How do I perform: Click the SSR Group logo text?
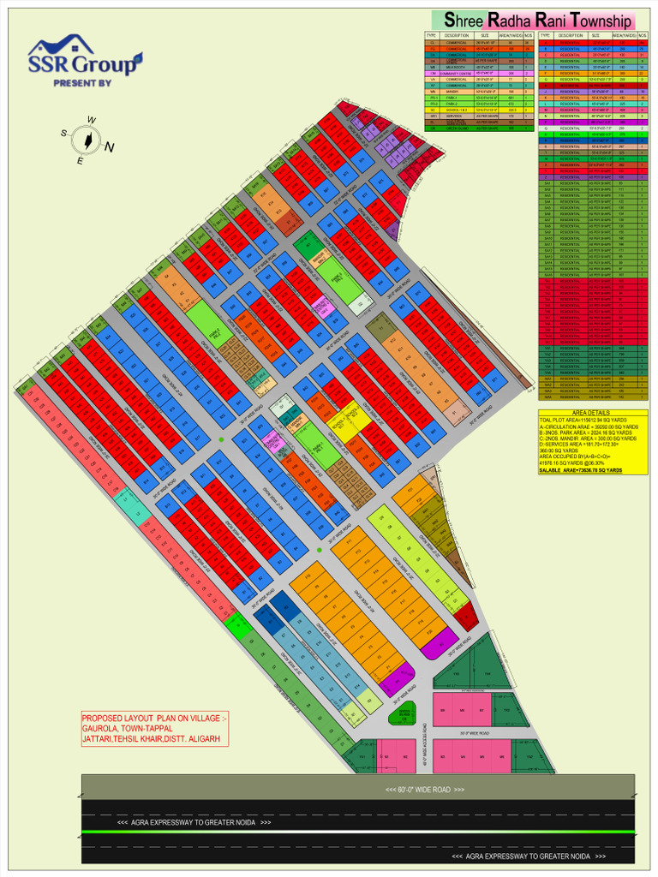[83, 65]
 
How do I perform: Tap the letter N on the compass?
[109, 147]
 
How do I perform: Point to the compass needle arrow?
[87, 139]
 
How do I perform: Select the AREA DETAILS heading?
[592, 413]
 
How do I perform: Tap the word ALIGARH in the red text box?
[207, 738]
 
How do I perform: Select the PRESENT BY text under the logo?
[82, 83]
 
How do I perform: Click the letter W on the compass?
[92, 120]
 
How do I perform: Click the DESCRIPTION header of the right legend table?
[571, 35]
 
